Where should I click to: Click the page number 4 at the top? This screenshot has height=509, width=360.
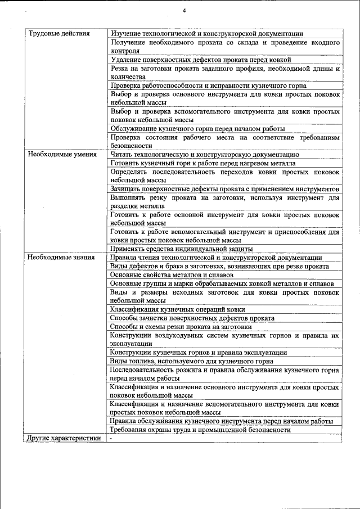click(184, 11)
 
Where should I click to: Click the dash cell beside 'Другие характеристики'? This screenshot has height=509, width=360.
click(112, 438)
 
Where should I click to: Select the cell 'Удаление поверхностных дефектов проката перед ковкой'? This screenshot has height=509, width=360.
click(200, 59)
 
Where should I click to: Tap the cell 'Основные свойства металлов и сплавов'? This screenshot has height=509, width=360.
click(172, 275)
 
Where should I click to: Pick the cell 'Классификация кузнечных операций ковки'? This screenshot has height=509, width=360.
click(177, 309)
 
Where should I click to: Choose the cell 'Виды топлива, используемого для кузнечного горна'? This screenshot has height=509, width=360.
click(191, 361)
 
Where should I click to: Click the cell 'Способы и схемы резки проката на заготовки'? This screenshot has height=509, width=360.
click(180, 327)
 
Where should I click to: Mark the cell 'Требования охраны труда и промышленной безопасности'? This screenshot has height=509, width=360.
click(200, 430)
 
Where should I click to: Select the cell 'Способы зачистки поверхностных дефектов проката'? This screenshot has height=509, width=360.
click(192, 318)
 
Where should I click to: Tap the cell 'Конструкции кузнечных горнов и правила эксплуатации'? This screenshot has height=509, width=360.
click(199, 353)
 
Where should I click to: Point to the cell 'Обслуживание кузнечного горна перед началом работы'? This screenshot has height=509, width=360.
click(199, 128)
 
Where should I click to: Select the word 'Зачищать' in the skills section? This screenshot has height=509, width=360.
click(127, 188)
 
